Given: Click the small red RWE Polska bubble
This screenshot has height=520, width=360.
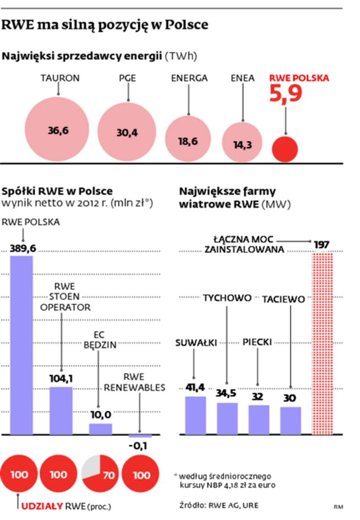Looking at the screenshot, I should (285, 149).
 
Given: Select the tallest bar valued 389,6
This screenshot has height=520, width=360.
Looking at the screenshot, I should (21, 345).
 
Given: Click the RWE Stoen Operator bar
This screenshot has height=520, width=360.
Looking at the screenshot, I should (61, 410).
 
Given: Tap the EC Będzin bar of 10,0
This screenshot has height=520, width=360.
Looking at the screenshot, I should (100, 428).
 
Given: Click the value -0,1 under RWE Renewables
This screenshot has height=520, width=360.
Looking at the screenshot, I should (140, 446).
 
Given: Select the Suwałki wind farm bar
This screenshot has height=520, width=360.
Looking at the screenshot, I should (195, 415).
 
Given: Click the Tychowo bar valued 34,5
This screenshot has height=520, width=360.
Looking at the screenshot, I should (227, 418).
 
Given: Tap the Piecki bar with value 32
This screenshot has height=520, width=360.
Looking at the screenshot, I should (258, 419).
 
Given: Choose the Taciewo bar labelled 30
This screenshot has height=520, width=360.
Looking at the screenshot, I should (291, 420).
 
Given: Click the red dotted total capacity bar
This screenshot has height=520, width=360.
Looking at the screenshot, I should (322, 342).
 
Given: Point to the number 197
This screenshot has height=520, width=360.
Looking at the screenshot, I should (322, 245).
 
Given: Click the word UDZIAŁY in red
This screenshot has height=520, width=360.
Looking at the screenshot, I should (42, 507).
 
